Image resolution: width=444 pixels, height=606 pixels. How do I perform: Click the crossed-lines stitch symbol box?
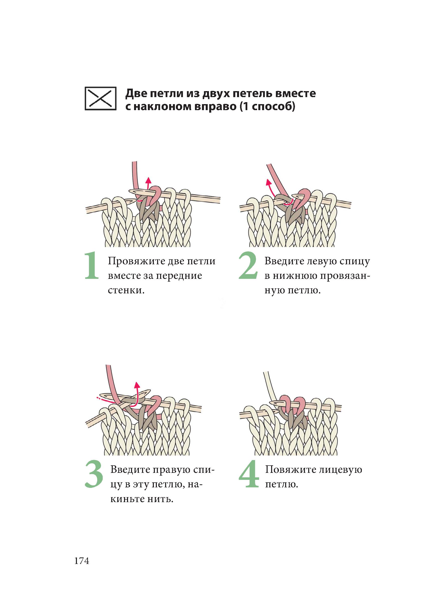100,99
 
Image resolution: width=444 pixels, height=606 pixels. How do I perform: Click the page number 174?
82,561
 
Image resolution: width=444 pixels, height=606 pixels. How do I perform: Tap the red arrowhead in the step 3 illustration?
137,385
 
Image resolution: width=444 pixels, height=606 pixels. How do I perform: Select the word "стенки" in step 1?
125,291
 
